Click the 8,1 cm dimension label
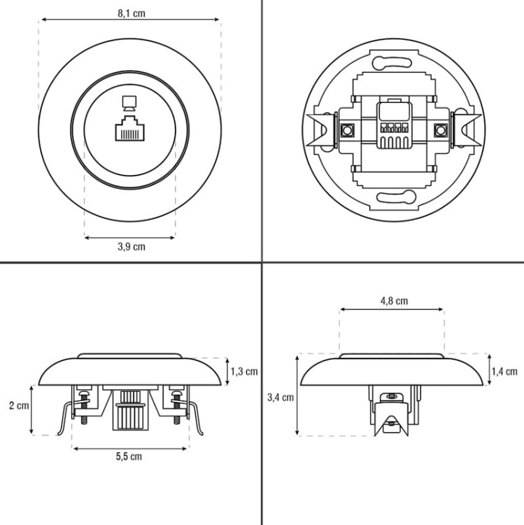tap(131, 13)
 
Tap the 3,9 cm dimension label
tap(131, 247)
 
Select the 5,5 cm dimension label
tap(129, 456)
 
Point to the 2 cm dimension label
tap(19, 405)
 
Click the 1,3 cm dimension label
tap(244, 371)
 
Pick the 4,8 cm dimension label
tap(394, 301)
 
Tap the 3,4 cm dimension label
tap(281, 398)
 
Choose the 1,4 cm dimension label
tap(504, 371)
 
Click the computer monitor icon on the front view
tap(129, 104)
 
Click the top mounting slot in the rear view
tap(392, 62)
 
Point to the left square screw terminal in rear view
tap(347, 130)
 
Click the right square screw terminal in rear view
tap(441, 130)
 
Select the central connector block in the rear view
tap(394, 125)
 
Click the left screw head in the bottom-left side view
tap(84, 391)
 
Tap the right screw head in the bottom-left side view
tap(176, 391)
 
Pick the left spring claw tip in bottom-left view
tap(59, 434)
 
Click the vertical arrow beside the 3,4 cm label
tap(297, 395)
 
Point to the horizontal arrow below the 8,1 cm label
tap(130, 20)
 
